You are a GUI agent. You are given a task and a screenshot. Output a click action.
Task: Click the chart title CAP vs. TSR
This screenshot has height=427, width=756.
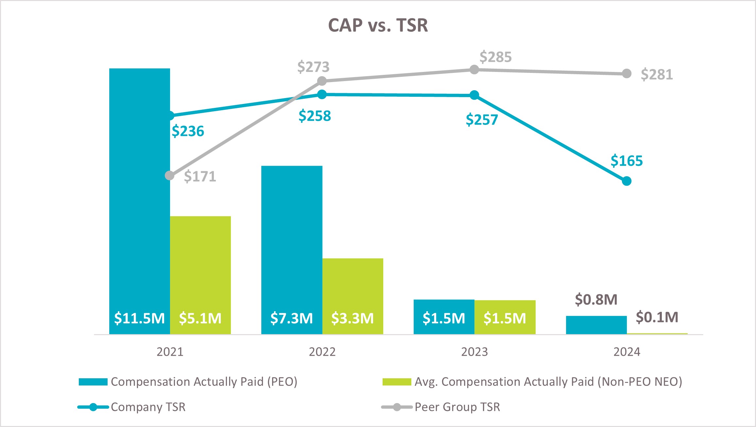click(x=378, y=25)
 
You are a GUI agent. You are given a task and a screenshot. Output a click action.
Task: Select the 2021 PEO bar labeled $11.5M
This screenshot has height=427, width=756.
click(x=139, y=196)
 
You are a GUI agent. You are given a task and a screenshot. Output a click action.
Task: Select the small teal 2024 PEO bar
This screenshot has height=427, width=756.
click(x=596, y=325)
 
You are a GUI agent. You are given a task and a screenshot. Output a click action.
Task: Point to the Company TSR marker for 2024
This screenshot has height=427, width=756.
click(x=627, y=181)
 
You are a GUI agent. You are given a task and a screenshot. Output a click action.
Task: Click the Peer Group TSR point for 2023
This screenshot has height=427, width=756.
click(x=474, y=70)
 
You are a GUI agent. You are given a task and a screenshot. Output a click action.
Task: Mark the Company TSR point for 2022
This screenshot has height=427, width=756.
click(x=322, y=94)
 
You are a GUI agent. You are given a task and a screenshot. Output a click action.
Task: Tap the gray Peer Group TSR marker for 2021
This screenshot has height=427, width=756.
click(x=170, y=176)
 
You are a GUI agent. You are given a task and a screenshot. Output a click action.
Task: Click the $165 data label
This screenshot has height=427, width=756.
click(x=627, y=161)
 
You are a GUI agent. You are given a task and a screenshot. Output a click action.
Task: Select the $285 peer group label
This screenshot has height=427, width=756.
click(x=495, y=57)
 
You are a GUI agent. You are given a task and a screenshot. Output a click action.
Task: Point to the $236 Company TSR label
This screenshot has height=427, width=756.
click(x=188, y=131)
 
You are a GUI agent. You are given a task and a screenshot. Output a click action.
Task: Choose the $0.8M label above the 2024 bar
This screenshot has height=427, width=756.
click(x=596, y=299)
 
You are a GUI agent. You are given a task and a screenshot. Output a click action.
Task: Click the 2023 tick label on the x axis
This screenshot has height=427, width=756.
click(x=474, y=352)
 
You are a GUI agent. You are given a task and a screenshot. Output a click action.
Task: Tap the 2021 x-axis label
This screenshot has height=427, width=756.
click(x=170, y=352)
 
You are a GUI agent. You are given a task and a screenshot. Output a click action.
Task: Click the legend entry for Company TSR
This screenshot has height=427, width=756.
click(x=148, y=407)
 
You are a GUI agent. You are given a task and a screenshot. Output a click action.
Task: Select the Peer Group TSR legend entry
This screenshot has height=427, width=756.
click(x=457, y=407)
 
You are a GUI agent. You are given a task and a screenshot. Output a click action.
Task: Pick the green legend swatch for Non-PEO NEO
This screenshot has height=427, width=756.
click(x=397, y=382)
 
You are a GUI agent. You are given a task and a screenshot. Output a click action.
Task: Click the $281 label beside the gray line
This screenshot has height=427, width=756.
click(x=657, y=75)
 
